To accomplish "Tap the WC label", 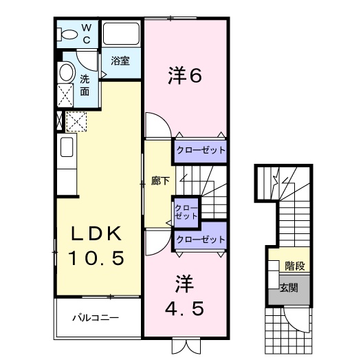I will pos(87,32).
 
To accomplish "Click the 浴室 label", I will pos(120,61).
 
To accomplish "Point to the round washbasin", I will pos(66,72).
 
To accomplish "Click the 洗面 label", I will pos(85,85).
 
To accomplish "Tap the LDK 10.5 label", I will pos(98,246).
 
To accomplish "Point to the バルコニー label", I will pos(97,319).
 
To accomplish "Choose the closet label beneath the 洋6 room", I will pos(200,149).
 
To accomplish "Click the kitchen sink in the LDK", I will pos(66,147).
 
